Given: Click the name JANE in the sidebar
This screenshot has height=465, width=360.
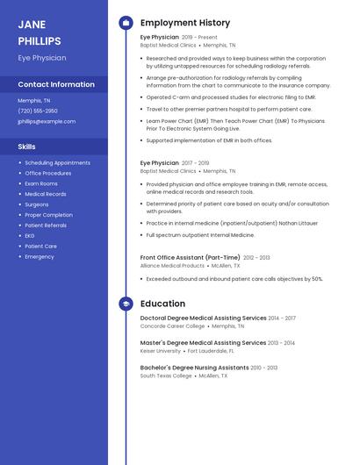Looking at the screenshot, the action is click(32, 25).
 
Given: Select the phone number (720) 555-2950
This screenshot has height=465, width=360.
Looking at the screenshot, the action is click(38, 111).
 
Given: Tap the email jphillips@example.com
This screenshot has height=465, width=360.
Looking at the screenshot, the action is click(47, 121).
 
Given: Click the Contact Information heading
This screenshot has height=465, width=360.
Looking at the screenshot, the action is click(56, 85).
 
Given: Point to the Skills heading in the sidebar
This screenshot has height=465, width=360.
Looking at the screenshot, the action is click(27, 147).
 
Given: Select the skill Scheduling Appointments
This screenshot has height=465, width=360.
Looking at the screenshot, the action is click(57, 162).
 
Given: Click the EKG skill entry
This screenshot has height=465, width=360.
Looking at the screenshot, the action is click(30, 236).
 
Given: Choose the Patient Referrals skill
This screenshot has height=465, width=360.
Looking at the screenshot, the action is click(46, 225).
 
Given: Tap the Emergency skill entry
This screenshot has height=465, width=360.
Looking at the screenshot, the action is click(40, 257).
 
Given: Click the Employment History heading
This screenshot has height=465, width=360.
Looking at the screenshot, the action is click(185, 23).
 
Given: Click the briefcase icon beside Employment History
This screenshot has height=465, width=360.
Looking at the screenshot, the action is click(126, 23).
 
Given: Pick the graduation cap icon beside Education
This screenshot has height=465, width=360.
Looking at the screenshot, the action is click(126, 304).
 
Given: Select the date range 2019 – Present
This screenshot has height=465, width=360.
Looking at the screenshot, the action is click(199, 38).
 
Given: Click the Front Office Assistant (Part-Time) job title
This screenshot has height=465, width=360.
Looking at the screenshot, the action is click(190, 257).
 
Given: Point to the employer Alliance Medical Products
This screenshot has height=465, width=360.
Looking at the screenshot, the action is click(172, 265).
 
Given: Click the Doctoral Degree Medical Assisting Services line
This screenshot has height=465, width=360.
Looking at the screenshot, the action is click(203, 318).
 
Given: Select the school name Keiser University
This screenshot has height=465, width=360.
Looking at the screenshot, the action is click(161, 350).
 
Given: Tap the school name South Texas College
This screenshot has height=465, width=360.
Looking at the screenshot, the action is click(166, 376).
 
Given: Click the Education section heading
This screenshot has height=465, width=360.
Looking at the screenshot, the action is click(162, 304).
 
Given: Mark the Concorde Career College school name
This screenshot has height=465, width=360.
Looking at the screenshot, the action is click(172, 325).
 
